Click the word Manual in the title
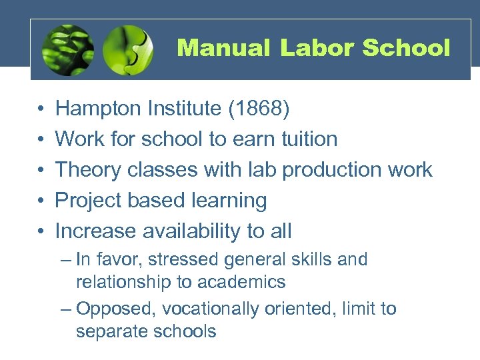click(223, 48)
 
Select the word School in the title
click(407, 48)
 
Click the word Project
click(87, 201)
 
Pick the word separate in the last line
click(109, 331)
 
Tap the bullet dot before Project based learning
click(41, 201)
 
